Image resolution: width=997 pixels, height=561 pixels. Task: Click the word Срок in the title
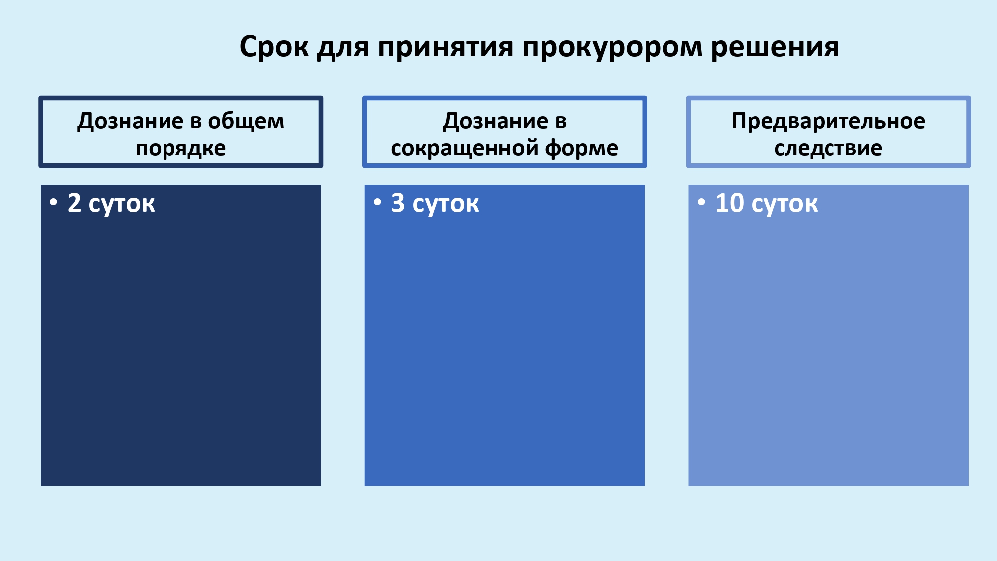274,47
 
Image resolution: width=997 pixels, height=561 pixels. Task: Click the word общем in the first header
246,122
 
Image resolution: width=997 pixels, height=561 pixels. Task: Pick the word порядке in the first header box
181,149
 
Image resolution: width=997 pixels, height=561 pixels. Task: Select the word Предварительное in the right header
829,122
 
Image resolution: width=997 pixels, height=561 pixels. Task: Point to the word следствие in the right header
829,149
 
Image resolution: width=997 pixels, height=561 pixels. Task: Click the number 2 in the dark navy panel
74,203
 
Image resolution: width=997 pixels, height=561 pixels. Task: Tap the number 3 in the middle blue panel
398,203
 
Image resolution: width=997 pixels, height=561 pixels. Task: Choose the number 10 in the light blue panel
730,203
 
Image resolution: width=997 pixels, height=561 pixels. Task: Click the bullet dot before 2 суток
54,202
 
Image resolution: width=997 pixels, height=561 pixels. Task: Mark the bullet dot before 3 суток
378,202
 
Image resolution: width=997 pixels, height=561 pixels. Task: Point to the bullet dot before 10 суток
702,202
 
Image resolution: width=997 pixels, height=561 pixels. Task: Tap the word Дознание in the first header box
131,122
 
